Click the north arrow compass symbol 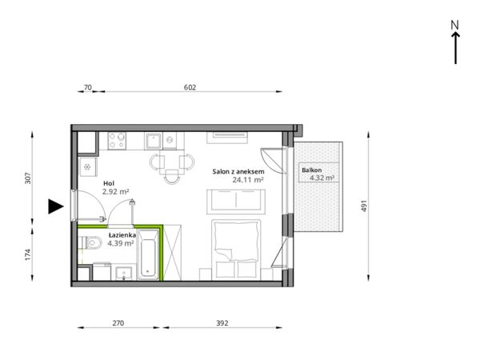(x=455, y=42)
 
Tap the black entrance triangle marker (x=56, y=206)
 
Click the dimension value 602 (x=190, y=87)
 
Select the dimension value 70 (x=87, y=87)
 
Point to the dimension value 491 (x=364, y=206)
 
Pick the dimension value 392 (x=222, y=323)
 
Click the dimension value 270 (x=118, y=323)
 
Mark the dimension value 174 (x=28, y=254)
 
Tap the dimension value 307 (x=28, y=178)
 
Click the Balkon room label (x=312, y=170)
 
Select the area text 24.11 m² (x=248, y=180)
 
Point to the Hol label (x=109, y=183)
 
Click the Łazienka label (x=122, y=235)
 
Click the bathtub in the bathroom (x=148, y=254)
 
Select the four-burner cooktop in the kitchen (x=117, y=141)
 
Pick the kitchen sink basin (x=153, y=141)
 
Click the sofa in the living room (x=236, y=202)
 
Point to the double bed (x=236, y=250)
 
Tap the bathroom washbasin (x=124, y=273)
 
